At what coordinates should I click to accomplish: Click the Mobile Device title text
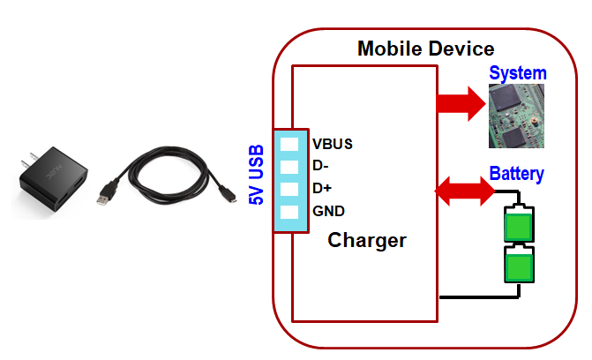click(425, 49)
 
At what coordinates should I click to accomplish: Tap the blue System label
click(518, 73)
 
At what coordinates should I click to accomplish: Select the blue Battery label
click(516, 173)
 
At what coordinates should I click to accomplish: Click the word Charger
click(366, 240)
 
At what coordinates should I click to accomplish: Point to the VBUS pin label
click(332, 144)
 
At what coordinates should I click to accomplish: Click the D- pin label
click(320, 166)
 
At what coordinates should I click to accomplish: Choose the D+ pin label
click(322, 188)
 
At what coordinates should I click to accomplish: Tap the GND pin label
click(328, 211)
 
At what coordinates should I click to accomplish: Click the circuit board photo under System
click(517, 116)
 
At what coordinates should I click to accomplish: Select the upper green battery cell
click(518, 223)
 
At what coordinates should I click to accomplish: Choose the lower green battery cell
click(518, 265)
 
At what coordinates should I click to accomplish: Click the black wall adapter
click(53, 181)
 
